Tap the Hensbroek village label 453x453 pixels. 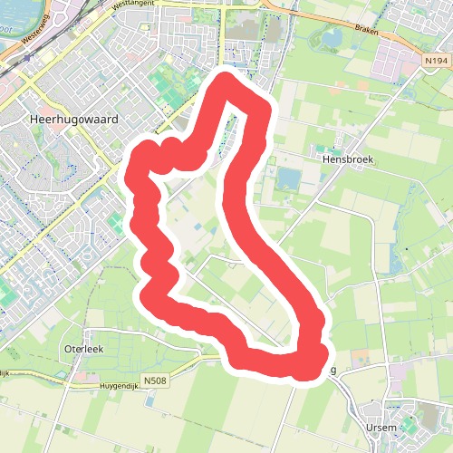(348, 157)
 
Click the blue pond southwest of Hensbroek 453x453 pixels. (289, 178)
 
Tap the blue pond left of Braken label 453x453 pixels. (332, 37)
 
